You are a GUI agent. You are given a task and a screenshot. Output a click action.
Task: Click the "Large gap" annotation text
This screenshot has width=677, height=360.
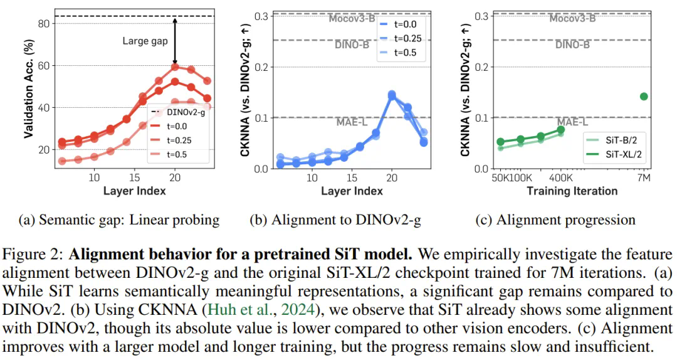pyautogui.click(x=144, y=41)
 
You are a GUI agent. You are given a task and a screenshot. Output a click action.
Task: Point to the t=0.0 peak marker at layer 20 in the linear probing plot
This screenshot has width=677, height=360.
pyautogui.click(x=175, y=67)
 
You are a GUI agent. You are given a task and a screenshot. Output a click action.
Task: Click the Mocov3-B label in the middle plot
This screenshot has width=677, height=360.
pyautogui.click(x=353, y=18)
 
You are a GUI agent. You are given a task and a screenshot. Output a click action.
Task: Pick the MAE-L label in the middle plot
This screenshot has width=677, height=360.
pyautogui.click(x=353, y=122)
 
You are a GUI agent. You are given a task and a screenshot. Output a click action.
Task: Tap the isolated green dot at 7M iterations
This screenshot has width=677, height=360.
pyautogui.click(x=644, y=96)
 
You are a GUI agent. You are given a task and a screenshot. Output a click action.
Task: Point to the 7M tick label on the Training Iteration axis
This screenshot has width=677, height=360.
pyautogui.click(x=644, y=178)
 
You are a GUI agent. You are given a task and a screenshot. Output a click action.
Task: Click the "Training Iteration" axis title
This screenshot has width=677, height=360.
pyautogui.click(x=572, y=191)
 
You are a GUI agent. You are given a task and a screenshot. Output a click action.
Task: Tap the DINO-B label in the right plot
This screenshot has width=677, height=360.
pyautogui.click(x=572, y=45)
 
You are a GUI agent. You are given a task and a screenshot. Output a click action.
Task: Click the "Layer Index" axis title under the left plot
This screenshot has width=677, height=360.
pyautogui.click(x=134, y=191)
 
